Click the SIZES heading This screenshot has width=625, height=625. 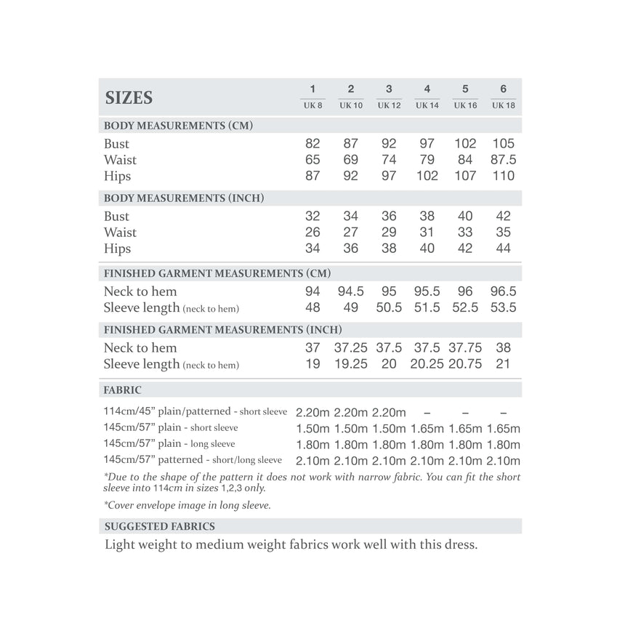click(129, 97)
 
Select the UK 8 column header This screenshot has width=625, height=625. click(312, 106)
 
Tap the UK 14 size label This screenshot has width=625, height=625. click(427, 106)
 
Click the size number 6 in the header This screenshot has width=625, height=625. click(503, 89)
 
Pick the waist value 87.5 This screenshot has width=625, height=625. click(503, 160)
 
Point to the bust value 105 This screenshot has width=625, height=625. click(503, 144)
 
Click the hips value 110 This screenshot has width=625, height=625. click(503, 176)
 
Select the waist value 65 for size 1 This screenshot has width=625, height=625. click(312, 160)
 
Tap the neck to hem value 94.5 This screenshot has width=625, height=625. click(350, 291)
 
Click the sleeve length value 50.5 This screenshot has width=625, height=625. click(389, 307)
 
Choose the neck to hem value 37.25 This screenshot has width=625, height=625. click(350, 348)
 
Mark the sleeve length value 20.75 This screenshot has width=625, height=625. click(465, 364)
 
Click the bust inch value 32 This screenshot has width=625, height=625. click(312, 217)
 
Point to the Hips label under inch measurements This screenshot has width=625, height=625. click(118, 249)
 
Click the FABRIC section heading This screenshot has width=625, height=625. click(123, 390)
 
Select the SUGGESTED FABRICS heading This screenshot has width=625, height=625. click(160, 526)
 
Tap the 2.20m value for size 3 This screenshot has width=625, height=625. click(389, 413)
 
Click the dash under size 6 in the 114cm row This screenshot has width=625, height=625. click(503, 413)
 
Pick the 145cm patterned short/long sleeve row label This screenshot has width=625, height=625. click(193, 460)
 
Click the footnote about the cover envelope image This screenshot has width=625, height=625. click(187, 506)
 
